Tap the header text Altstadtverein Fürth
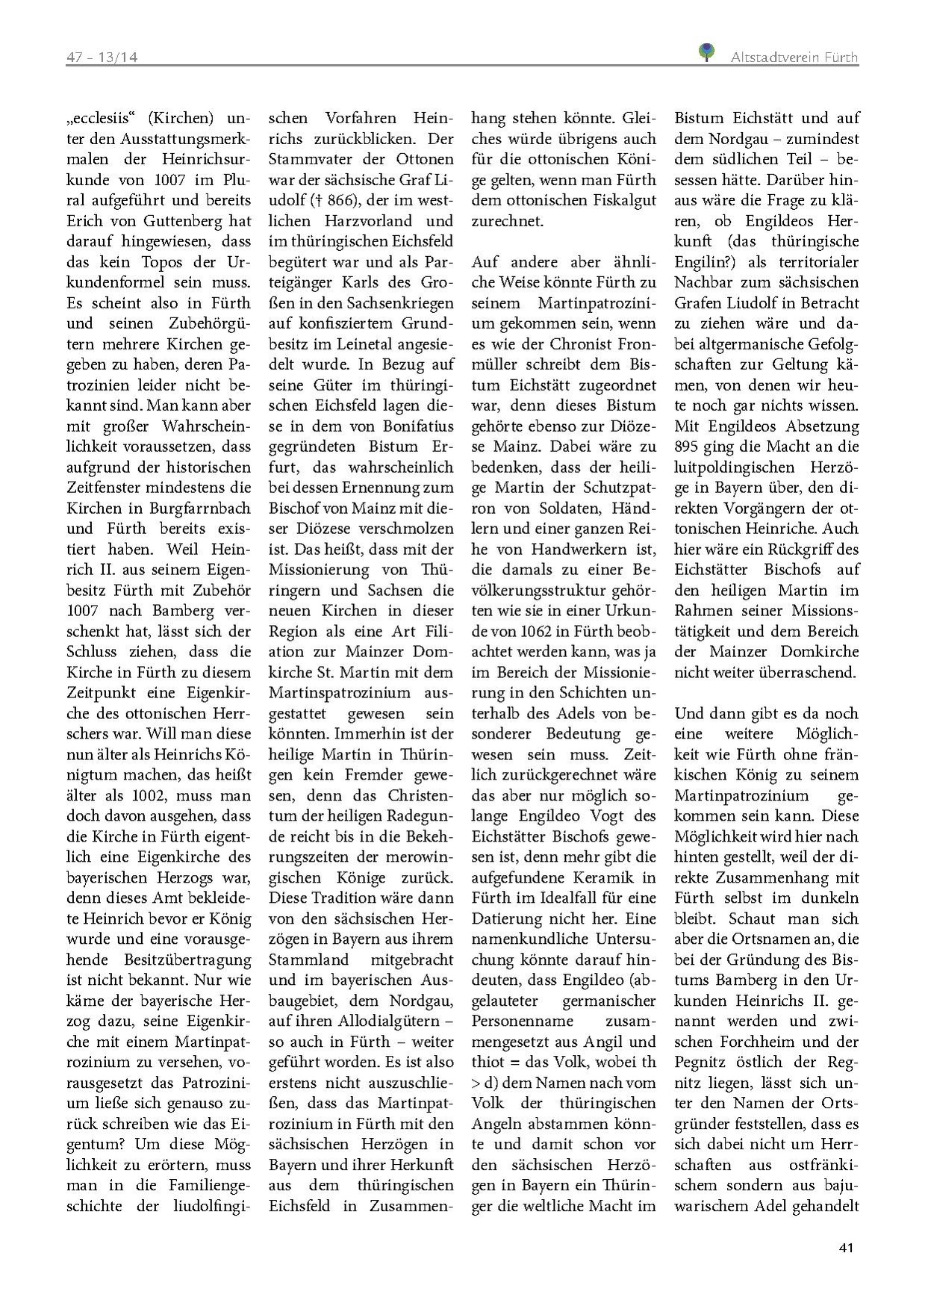point(794,57)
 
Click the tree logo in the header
point(706,52)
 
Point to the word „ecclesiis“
point(101,118)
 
